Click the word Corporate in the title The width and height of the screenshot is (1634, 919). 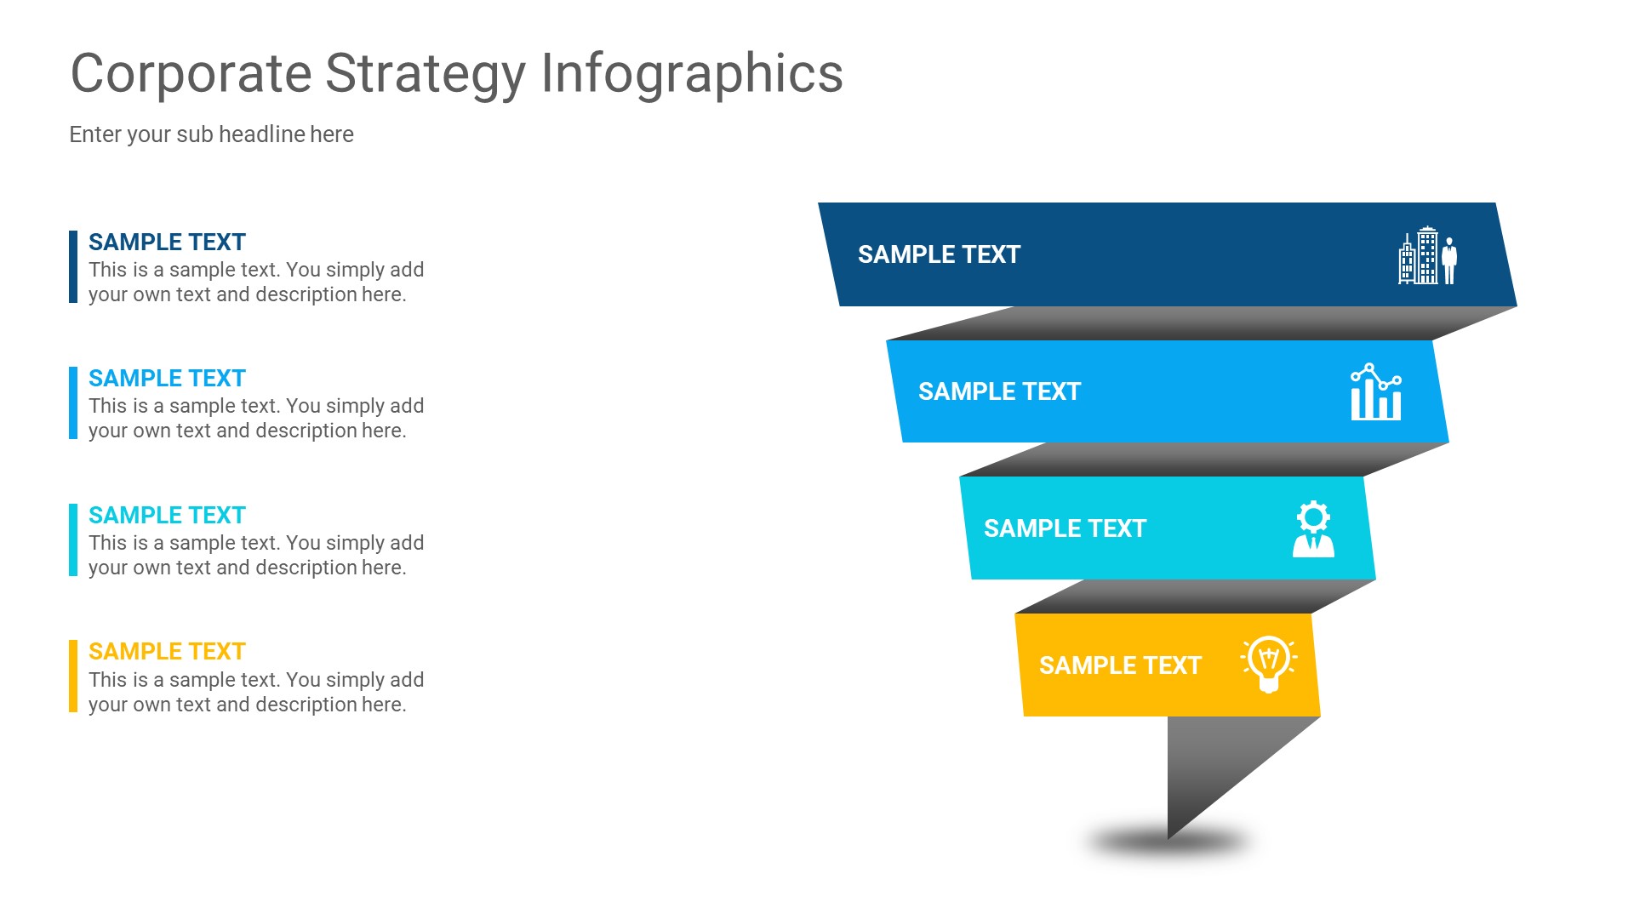[191, 73]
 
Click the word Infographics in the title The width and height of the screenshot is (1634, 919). [692, 73]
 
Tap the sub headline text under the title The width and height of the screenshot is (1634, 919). [211, 134]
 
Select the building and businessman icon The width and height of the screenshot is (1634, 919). [1427, 255]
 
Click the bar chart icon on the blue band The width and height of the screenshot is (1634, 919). [1375, 392]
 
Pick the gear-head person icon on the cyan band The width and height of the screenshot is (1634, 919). [1313, 528]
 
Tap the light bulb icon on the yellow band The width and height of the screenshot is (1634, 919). [1268, 665]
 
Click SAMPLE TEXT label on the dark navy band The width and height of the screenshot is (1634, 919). [939, 254]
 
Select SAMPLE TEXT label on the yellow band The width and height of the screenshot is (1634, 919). [1120, 665]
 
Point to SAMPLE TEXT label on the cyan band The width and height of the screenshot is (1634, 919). [1065, 528]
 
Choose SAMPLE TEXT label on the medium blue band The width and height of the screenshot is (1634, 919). [999, 391]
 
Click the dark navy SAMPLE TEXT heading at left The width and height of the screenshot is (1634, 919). [167, 243]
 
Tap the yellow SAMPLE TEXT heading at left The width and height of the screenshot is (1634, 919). [167, 652]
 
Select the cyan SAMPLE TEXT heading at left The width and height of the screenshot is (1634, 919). [167, 516]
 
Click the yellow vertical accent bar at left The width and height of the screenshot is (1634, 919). [73, 676]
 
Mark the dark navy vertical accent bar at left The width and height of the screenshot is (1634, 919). [73, 266]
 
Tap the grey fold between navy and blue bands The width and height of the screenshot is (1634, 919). [1191, 323]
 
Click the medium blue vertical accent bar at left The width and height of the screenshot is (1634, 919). [73, 403]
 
